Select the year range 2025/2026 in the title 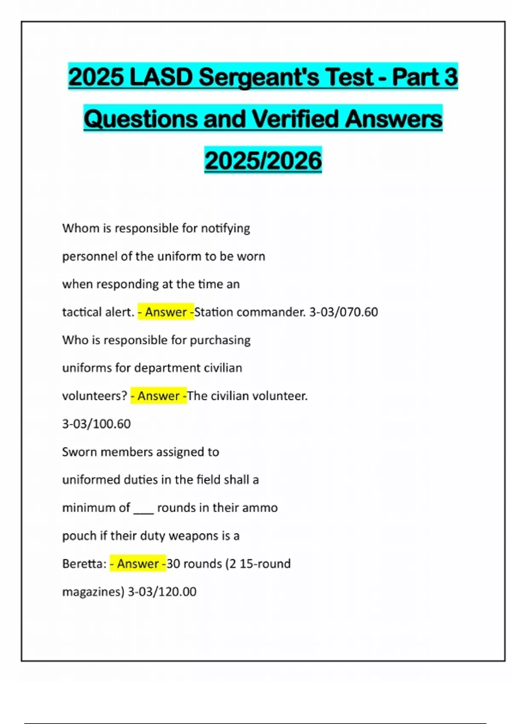click(x=263, y=161)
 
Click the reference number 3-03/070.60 click(x=344, y=312)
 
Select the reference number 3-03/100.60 click(x=97, y=424)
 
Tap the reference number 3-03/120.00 click(x=162, y=592)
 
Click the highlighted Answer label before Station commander click(x=166, y=312)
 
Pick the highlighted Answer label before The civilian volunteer click(x=158, y=396)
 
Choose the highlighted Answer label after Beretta click(x=138, y=564)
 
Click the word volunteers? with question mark click(x=95, y=396)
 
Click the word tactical click(x=82, y=312)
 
